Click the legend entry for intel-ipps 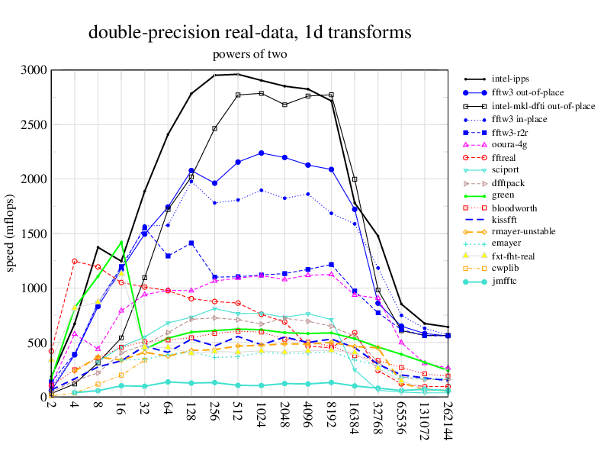(510, 78)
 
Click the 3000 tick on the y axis (34, 70)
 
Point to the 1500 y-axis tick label (34, 233)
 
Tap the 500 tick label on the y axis (37, 343)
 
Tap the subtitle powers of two (249, 54)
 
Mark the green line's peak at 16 (121, 242)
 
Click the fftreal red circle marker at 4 (75, 261)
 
